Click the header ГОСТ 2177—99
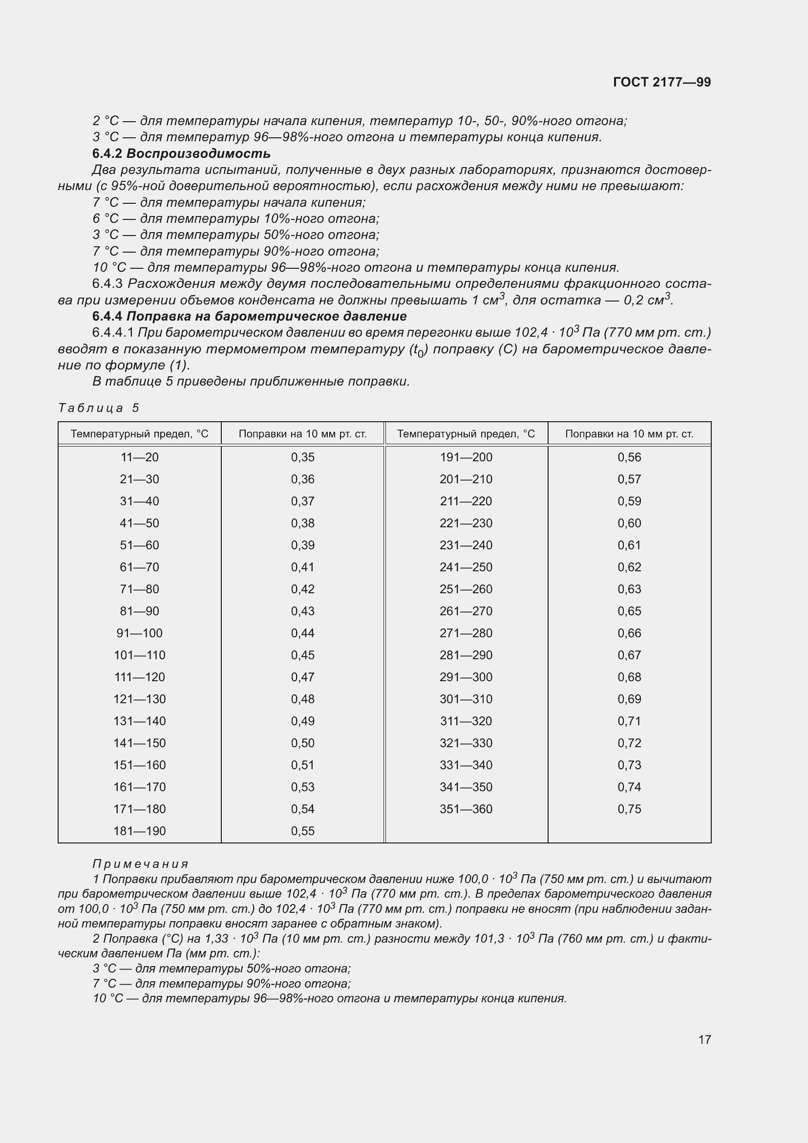(662, 82)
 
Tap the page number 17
(704, 1039)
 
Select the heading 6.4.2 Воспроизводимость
(181, 153)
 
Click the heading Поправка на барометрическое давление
(266, 316)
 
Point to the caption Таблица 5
(99, 408)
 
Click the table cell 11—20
(139, 457)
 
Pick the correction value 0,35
(302, 457)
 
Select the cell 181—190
(139, 831)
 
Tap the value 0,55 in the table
(302, 831)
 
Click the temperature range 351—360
(466, 809)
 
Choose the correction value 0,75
(629, 809)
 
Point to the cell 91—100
(139, 633)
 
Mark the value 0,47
(302, 677)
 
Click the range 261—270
(466, 611)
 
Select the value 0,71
(629, 721)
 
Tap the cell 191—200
(466, 457)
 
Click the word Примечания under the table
(140, 863)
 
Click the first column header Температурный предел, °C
(139, 434)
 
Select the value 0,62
(629, 567)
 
